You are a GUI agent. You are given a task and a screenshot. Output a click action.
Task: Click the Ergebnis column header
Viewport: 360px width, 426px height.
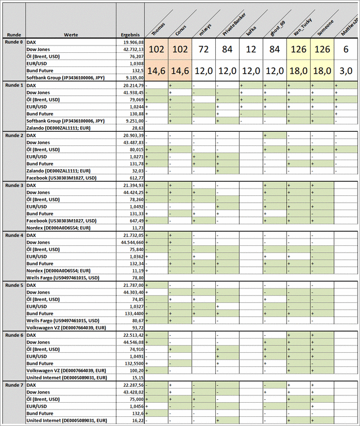[x=131, y=35]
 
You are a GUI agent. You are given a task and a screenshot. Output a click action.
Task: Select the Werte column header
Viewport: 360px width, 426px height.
[x=71, y=35]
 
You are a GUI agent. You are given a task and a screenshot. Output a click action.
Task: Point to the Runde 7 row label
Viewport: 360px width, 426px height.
[x=14, y=385]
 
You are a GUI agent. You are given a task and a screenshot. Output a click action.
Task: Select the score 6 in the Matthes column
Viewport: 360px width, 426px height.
[x=346, y=49]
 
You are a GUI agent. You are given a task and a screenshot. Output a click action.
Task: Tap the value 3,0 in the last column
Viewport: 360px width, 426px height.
[x=346, y=70]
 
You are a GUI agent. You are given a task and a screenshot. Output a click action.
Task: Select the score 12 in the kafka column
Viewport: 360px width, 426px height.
[x=251, y=49]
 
